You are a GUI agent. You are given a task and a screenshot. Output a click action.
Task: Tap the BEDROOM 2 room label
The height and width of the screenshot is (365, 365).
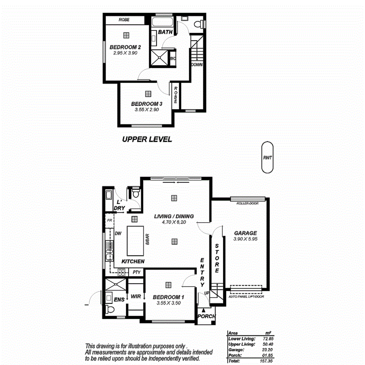(x=125, y=47)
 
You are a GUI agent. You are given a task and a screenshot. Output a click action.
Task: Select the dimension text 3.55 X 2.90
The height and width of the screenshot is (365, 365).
(x=146, y=110)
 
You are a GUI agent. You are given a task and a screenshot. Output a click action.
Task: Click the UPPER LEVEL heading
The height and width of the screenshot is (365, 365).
(x=147, y=139)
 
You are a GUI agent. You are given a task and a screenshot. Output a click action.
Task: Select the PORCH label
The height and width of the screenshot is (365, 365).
(x=206, y=316)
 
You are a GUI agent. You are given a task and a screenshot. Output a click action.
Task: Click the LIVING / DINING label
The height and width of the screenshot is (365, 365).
(x=174, y=216)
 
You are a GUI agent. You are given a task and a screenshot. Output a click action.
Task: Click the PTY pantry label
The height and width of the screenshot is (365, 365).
(x=136, y=272)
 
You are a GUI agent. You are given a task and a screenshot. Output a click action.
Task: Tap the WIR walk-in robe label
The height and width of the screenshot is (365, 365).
(x=136, y=296)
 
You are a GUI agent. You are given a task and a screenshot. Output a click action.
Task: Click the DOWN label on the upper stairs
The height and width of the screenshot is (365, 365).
(x=197, y=65)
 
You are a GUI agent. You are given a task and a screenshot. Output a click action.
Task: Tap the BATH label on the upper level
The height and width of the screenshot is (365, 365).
(x=165, y=32)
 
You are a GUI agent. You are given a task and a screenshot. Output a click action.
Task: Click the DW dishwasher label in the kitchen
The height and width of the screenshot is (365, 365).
(x=117, y=233)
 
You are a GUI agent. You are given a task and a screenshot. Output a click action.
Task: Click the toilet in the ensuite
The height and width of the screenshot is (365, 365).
(x=110, y=310)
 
